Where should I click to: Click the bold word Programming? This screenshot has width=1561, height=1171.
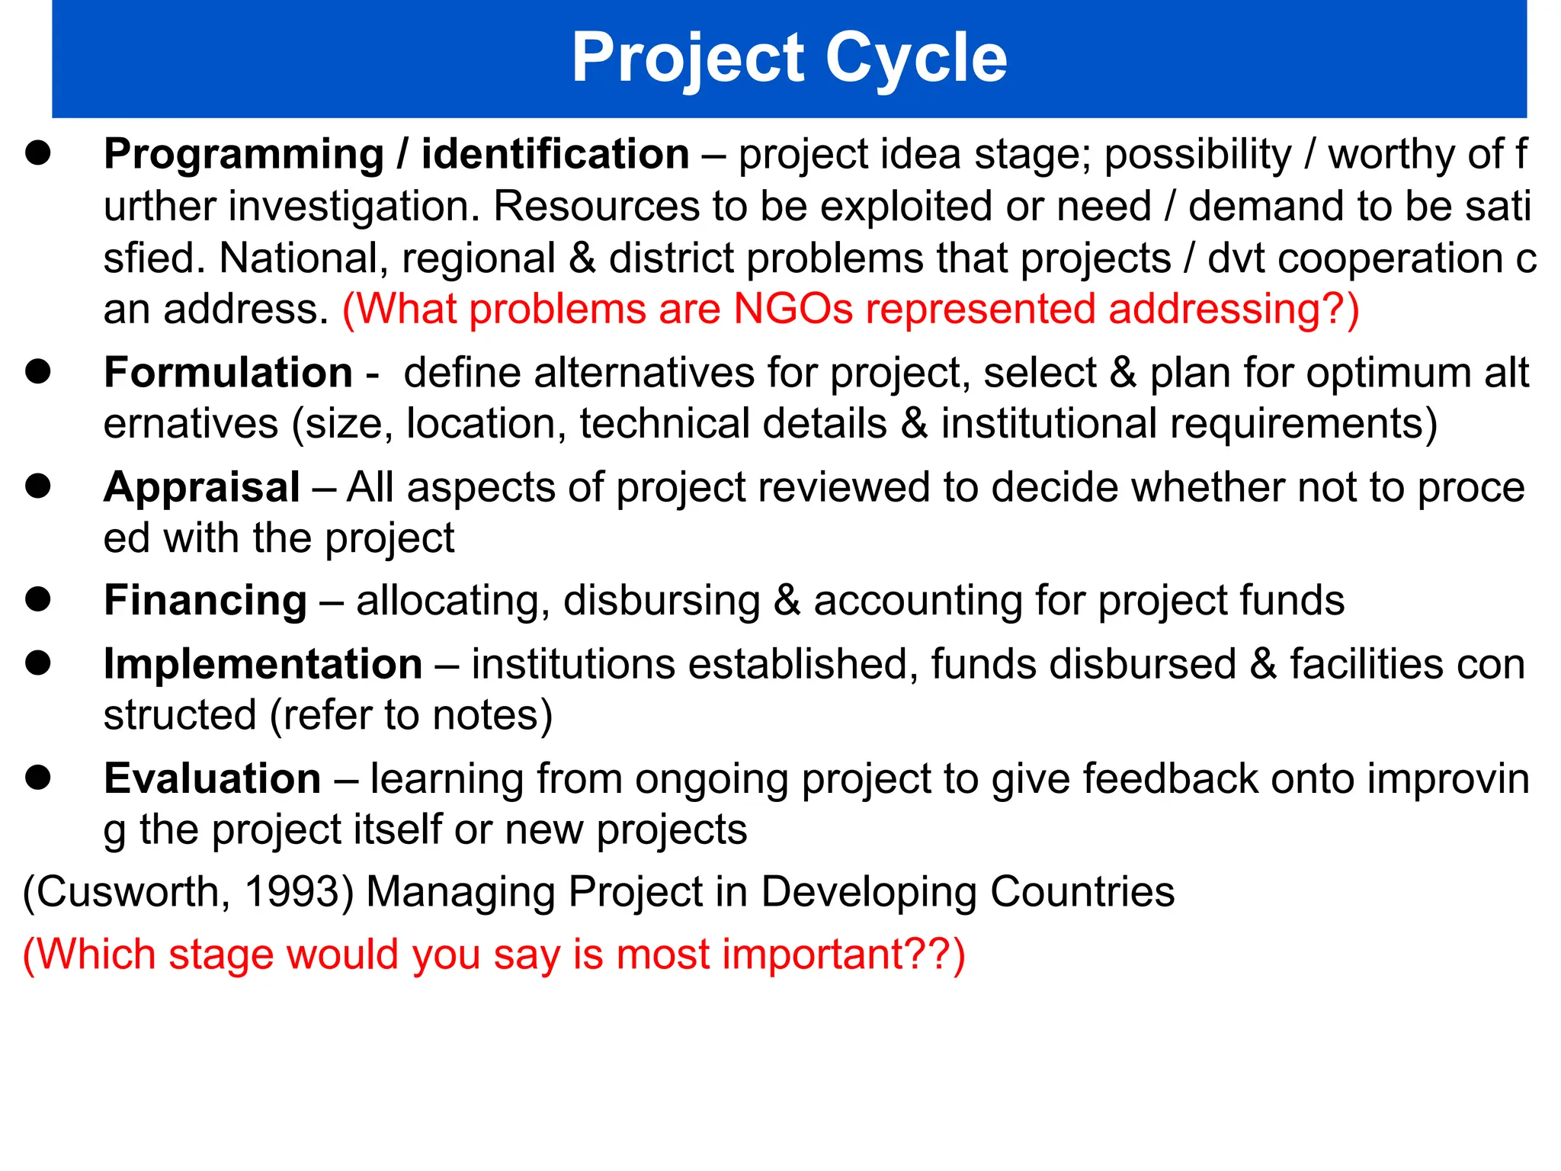(243, 155)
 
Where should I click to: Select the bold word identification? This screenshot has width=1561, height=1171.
(555, 155)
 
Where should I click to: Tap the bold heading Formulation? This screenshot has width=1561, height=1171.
(228, 373)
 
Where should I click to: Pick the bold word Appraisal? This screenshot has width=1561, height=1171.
(201, 487)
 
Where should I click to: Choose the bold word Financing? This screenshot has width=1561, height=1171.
(205, 601)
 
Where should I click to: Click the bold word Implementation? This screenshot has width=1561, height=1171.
(262, 664)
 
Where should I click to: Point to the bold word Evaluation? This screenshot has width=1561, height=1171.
(212, 779)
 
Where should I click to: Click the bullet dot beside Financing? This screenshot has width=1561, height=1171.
(37, 599)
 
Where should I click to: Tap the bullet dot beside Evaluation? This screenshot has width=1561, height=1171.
(37, 778)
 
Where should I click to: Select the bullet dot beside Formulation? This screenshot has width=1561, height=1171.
(37, 371)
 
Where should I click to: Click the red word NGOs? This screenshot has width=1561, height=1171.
(793, 310)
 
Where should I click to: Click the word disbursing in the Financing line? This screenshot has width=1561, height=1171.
(662, 601)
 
